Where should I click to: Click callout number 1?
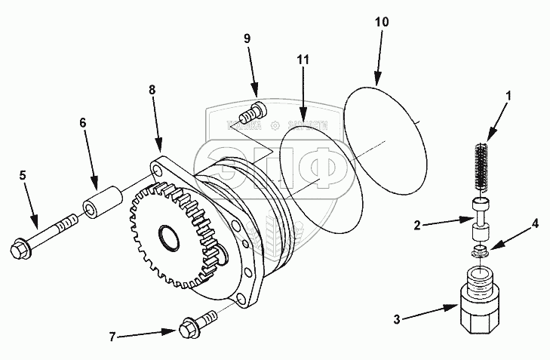pos(509,97)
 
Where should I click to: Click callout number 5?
pos(23,175)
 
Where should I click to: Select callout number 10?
pos(382,22)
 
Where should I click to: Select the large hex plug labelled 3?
pos(480,305)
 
